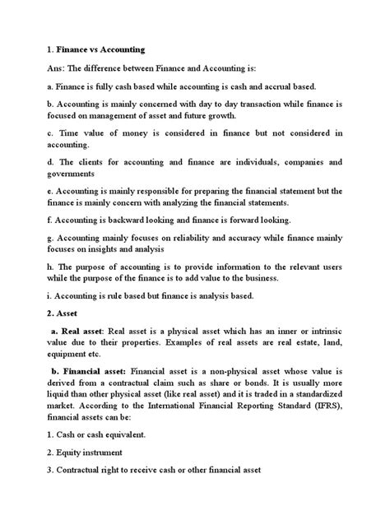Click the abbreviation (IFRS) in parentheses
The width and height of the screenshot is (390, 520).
pyautogui.click(x=333, y=411)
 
